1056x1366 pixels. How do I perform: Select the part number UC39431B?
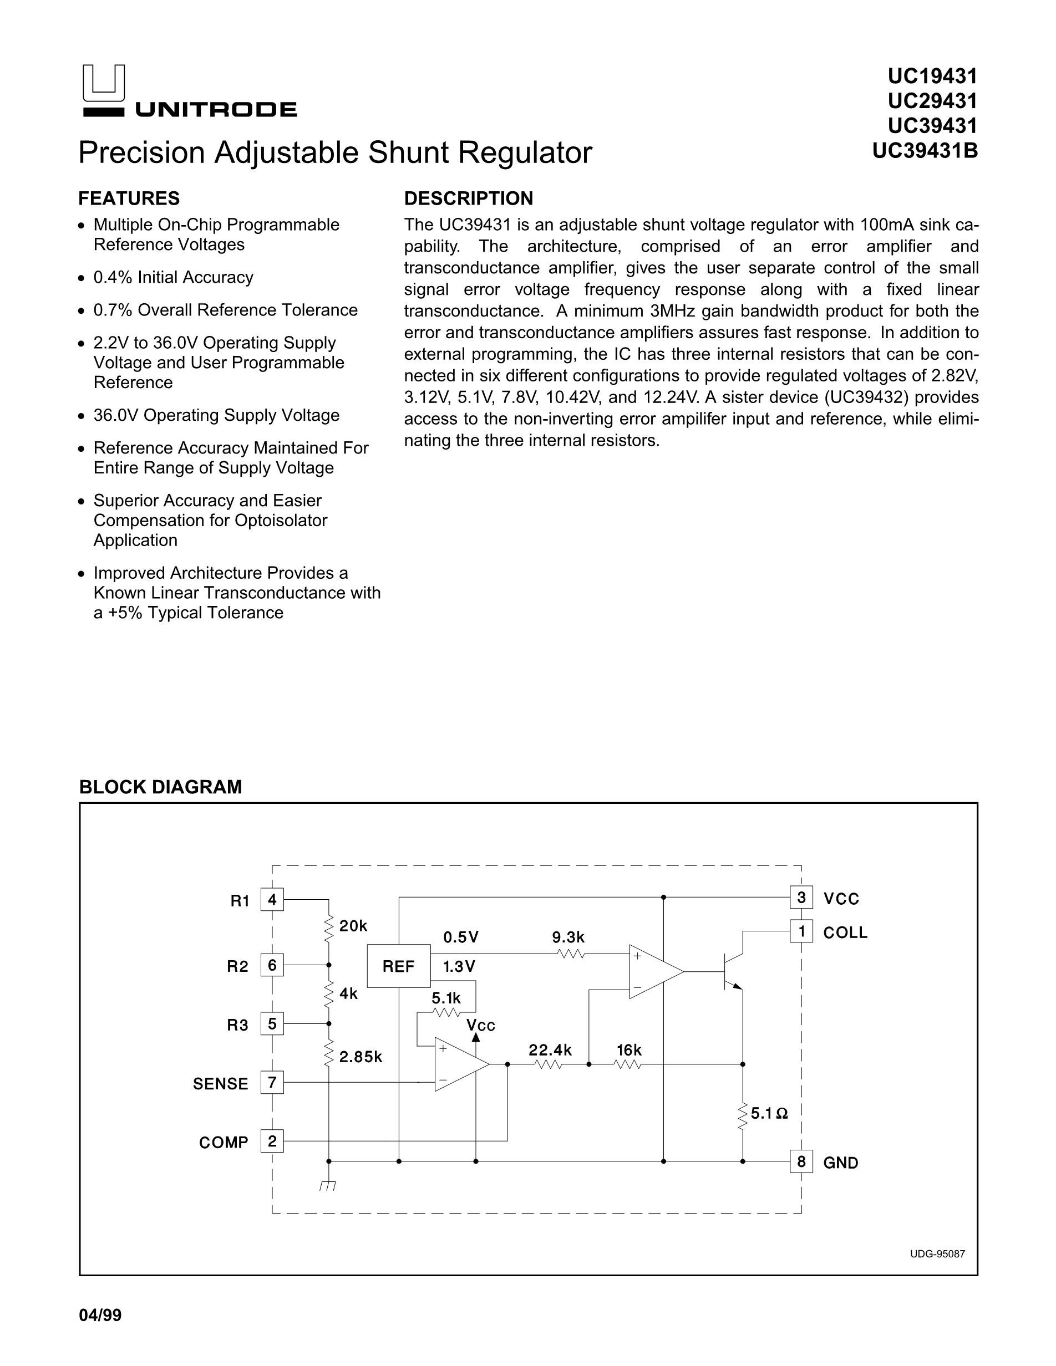pos(925,151)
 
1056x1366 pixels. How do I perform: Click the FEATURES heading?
pos(129,198)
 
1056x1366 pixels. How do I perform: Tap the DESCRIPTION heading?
pos(469,198)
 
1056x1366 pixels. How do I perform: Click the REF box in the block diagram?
pos(399,966)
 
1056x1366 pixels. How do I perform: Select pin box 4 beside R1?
pos(272,900)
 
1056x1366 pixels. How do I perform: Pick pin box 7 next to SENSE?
pos(272,1083)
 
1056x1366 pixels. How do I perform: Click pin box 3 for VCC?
pos(801,898)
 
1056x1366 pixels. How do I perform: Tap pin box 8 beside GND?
pos(801,1161)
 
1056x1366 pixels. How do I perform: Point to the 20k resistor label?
pos(353,926)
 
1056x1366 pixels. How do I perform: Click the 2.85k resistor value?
pos(361,1057)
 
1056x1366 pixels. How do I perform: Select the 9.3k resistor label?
pos(568,937)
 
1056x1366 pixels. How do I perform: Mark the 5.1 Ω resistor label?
pos(769,1113)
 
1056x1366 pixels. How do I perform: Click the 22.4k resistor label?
pos(550,1050)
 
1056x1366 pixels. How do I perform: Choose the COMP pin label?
pos(224,1143)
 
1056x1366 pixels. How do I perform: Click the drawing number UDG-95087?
pos(937,1254)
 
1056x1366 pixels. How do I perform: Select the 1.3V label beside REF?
pos(459,967)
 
